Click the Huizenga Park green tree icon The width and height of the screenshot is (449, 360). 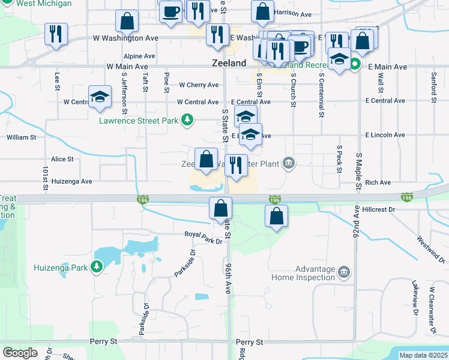click(x=97, y=267)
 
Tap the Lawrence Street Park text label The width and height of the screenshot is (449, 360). click(x=139, y=121)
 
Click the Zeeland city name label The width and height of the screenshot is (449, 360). click(x=229, y=63)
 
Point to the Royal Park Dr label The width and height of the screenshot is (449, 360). click(x=203, y=235)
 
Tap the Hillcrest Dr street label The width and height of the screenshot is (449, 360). click(x=379, y=210)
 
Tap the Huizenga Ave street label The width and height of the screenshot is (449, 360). click(x=71, y=181)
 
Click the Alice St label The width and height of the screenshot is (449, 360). click(x=62, y=159)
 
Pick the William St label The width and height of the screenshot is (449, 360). click(x=22, y=137)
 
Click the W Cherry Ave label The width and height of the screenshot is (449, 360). click(x=198, y=85)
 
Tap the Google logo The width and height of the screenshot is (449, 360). click(x=20, y=353)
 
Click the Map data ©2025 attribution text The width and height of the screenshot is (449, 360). click(x=423, y=355)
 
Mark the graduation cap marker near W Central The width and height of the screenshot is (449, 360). click(x=100, y=98)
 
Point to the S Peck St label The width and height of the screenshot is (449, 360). click(x=340, y=158)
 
